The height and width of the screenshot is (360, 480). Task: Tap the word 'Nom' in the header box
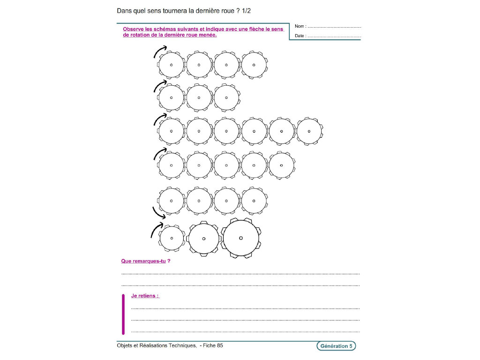pos(299,27)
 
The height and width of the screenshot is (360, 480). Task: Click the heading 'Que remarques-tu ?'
pos(145,261)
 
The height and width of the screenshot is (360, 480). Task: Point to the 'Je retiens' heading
pos(145,296)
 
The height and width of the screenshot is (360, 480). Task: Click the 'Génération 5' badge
pos(336,346)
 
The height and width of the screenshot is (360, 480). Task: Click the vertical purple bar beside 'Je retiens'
pos(123,314)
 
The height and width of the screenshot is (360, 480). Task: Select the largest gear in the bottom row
pos(241,238)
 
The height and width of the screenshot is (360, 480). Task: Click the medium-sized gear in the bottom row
pos(204,238)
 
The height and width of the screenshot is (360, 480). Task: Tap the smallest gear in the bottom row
pos(172,238)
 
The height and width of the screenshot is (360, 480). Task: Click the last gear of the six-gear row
pos(309,131)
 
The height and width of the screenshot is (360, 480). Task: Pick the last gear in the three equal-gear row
pos(226,98)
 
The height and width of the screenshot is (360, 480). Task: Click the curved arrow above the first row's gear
pos(159,52)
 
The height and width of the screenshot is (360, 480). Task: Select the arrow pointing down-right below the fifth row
pos(159,214)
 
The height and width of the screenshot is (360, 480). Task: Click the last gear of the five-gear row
pos(282,165)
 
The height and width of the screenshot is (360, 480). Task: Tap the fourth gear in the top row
pos(254,65)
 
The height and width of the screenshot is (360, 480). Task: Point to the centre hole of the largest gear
pos(241,238)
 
